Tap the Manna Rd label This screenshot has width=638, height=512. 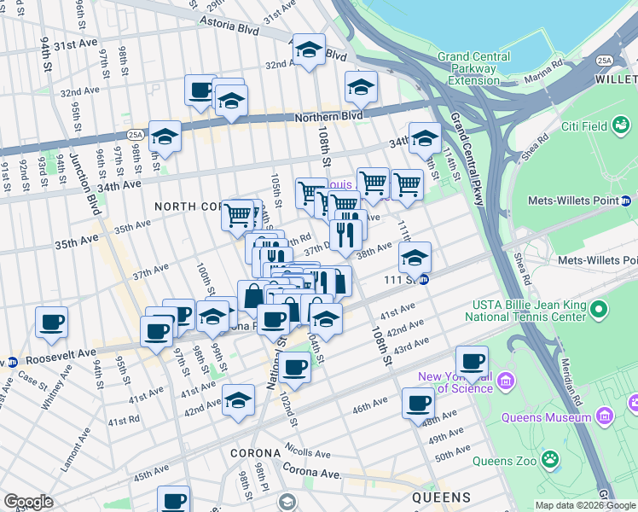546,64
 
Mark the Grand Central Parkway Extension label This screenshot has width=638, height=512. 468,68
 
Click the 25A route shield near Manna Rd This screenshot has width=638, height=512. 605,61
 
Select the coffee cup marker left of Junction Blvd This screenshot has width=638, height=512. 52,324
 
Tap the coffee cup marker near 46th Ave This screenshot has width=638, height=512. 418,403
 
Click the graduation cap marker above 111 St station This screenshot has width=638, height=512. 415,258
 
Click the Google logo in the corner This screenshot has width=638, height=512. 28,501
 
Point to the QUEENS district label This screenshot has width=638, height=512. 442,497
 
